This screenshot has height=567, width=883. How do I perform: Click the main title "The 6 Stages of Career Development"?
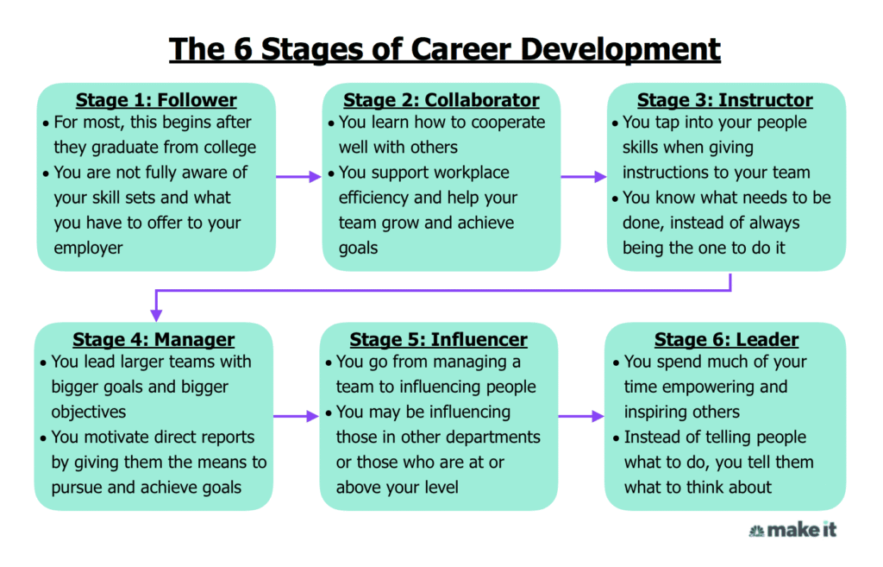(x=444, y=49)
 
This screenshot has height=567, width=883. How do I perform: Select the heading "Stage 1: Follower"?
(x=156, y=100)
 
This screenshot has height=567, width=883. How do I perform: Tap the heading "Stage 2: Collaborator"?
(x=441, y=100)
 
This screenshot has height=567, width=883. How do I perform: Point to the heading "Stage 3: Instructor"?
(x=724, y=100)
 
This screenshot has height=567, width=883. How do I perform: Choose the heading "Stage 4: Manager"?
(x=153, y=339)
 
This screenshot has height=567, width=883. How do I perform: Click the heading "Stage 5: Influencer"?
(x=438, y=339)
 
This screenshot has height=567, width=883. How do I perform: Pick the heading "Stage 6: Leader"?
(x=726, y=339)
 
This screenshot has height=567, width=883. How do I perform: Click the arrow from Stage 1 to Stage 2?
(x=298, y=177)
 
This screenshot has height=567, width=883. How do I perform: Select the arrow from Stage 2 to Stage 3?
(x=584, y=177)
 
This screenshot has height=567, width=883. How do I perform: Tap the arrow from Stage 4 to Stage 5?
(x=297, y=417)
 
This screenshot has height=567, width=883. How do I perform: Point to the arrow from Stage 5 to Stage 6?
(x=581, y=417)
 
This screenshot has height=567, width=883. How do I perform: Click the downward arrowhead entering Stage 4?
(x=157, y=315)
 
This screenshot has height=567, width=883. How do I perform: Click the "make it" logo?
(x=792, y=530)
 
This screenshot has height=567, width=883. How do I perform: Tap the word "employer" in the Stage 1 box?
(x=88, y=249)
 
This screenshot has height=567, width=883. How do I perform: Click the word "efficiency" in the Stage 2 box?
(x=373, y=198)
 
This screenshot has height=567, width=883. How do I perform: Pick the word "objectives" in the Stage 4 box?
(x=89, y=413)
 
